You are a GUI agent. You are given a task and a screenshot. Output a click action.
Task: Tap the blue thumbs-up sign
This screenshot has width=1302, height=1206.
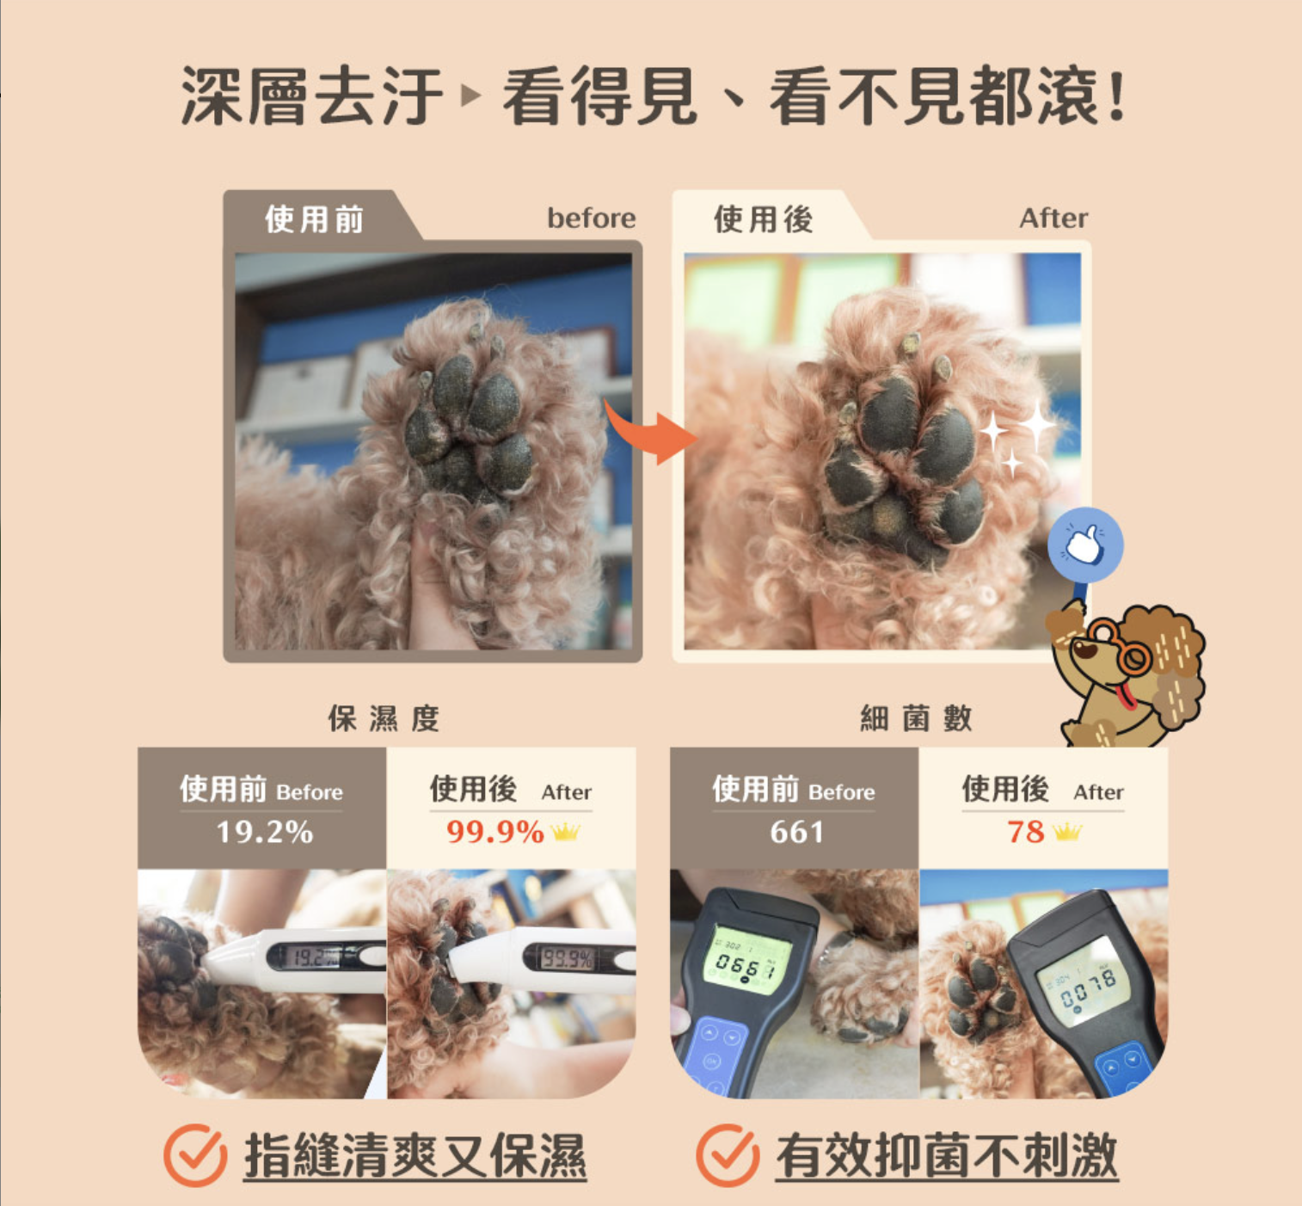1085,545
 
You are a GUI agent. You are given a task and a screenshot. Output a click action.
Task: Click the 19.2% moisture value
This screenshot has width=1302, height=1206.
264,832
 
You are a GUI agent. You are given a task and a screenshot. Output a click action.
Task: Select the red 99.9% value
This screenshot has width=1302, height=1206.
495,832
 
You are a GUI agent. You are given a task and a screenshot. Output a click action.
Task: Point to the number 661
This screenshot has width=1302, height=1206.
796,832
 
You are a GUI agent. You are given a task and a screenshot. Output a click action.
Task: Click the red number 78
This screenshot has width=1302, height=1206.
1026,832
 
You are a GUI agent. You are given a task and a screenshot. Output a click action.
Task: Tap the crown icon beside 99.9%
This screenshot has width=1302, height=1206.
566,832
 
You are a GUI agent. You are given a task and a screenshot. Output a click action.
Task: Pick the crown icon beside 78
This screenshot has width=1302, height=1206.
1067,832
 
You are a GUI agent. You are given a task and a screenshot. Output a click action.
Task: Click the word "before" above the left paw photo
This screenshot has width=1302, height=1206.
592,218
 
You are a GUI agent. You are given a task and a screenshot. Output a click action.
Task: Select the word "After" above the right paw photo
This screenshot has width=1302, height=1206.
1053,218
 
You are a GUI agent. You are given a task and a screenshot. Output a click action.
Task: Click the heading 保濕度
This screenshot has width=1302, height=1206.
384,718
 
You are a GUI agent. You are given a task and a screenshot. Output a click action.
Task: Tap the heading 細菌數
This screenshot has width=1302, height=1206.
916,718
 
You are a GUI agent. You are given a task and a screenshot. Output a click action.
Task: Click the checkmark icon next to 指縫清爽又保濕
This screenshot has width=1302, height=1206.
194,1155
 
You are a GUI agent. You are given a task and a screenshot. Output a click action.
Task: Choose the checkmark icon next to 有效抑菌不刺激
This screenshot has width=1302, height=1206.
728,1155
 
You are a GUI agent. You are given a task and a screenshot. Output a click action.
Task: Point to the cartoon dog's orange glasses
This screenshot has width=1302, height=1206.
1122,646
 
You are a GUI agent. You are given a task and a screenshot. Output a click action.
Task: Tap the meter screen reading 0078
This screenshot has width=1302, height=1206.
1083,978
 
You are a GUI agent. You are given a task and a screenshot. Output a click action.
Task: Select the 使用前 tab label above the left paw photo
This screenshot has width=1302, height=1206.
314,219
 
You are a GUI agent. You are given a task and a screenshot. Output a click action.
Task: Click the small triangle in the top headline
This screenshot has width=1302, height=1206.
470,95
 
